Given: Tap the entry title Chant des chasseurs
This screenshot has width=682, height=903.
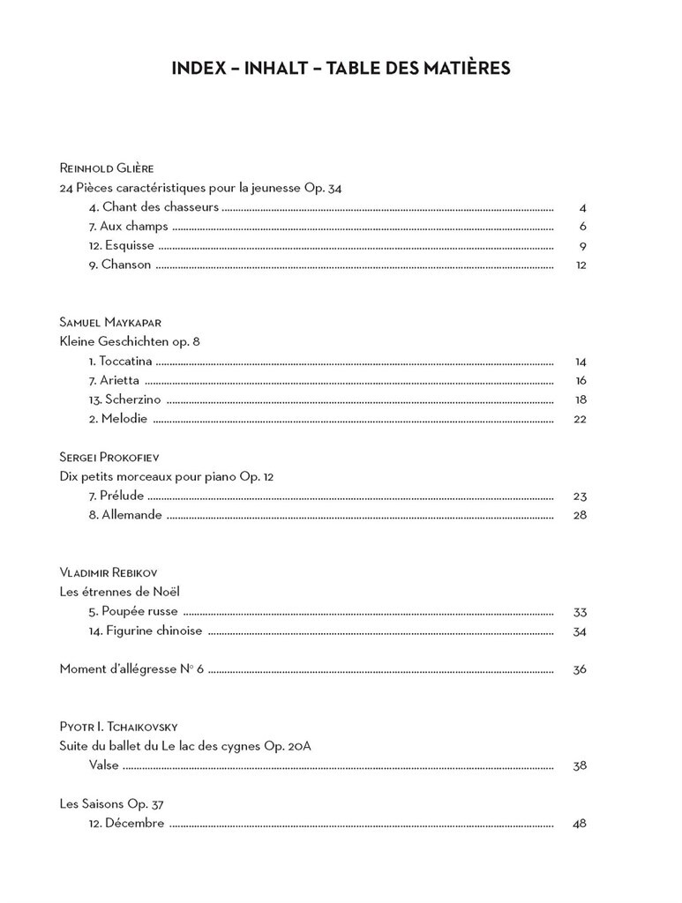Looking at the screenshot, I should [x=154, y=207].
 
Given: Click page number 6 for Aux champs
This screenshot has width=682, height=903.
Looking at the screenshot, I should [x=583, y=227].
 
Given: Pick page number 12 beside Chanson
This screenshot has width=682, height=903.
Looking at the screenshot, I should [x=581, y=265].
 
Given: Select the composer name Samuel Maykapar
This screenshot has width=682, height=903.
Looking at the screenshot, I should [x=110, y=322].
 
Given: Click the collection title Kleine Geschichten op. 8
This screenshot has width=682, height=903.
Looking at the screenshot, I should [x=130, y=341].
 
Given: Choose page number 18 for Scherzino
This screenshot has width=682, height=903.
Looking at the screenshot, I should [x=580, y=399].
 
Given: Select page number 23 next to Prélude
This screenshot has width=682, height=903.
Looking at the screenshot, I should [x=580, y=496].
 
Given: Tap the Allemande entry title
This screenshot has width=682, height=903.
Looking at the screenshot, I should [x=125, y=515].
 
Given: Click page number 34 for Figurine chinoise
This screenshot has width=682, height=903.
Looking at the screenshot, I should [x=580, y=631].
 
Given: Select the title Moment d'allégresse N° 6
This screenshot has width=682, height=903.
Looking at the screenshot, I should [x=131, y=668].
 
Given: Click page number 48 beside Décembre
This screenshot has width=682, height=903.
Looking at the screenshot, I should [x=580, y=824].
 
